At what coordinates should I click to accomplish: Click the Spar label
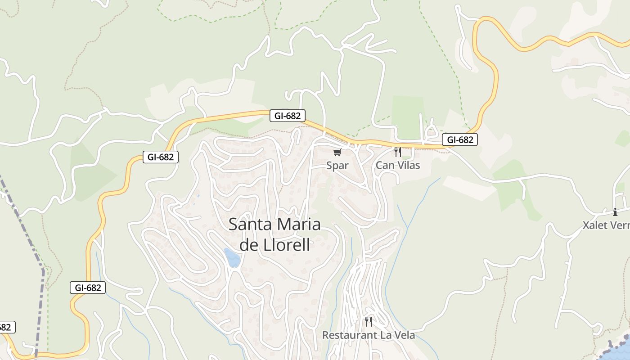tap(337, 166)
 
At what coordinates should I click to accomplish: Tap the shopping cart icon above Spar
tap(337, 152)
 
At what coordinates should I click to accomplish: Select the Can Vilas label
tap(398, 165)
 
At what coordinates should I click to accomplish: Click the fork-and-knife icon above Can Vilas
tap(397, 152)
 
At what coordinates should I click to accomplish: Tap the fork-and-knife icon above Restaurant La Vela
tap(369, 321)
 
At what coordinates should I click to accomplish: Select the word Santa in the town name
tap(250, 224)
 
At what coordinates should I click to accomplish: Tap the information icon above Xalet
tap(615, 212)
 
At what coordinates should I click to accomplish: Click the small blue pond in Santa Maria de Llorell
tap(232, 258)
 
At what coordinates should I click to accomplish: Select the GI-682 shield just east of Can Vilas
tap(459, 139)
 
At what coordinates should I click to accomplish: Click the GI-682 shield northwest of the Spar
tap(288, 116)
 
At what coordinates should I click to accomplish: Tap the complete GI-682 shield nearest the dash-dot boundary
tap(88, 288)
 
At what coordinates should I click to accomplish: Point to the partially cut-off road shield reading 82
tap(6, 327)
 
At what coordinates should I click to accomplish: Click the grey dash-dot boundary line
tap(27, 234)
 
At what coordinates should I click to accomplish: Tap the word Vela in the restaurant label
tap(404, 335)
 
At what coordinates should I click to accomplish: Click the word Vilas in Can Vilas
tap(408, 165)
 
